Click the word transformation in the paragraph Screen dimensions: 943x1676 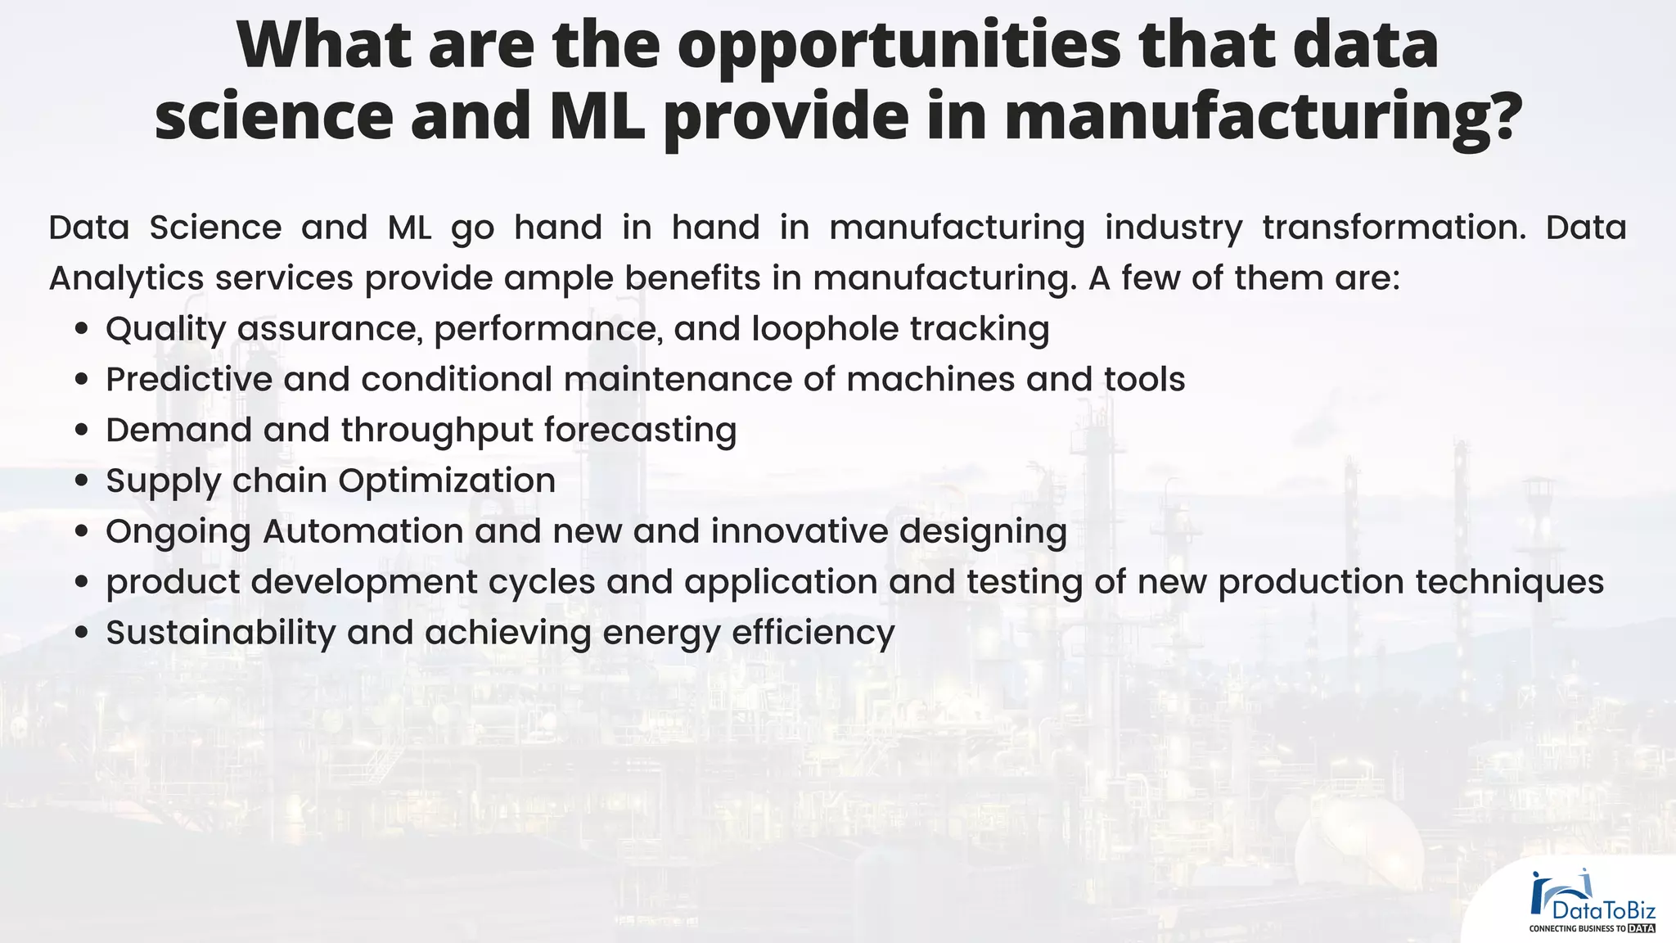pos(1394,228)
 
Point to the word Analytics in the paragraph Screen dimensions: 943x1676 pos(126,279)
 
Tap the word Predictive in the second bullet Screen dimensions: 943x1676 pos(189,380)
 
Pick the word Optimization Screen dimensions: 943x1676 pos(447,481)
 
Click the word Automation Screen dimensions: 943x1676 pos(363,531)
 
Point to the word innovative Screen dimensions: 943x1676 pos(799,531)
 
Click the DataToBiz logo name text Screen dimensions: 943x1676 pos(1603,911)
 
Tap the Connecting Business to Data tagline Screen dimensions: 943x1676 pos(1592,929)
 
